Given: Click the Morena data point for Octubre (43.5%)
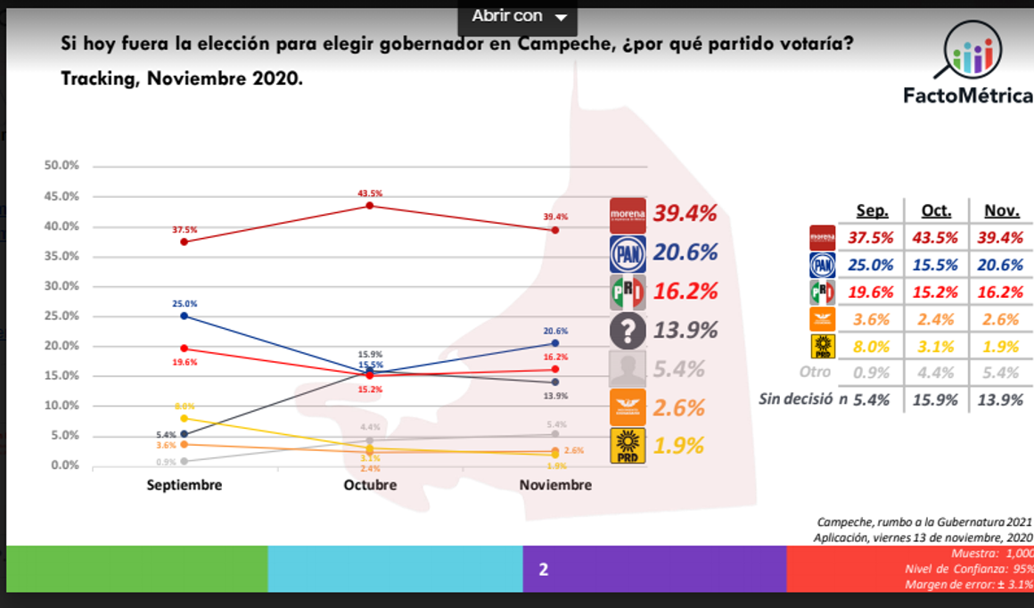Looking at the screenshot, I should (370, 206).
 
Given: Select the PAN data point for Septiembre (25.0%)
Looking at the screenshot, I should (184, 316).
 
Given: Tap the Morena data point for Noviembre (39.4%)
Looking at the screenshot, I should (555, 230).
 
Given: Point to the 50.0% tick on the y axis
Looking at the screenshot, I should (62, 166).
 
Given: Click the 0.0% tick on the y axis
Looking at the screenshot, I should (64, 465).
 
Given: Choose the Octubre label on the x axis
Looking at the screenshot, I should (370, 485).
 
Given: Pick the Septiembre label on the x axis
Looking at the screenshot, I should (185, 485).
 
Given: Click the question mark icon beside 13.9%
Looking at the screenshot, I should (628, 331).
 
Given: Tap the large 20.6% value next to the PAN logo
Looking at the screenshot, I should (685, 253).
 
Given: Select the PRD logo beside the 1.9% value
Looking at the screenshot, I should (628, 446).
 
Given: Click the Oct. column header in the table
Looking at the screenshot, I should (935, 211).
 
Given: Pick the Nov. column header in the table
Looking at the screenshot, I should (1002, 211).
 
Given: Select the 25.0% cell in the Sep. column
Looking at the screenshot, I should (871, 265).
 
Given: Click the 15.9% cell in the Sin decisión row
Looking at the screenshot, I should (935, 400).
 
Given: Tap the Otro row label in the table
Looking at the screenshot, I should (814, 372).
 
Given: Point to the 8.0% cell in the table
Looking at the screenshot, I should (871, 346).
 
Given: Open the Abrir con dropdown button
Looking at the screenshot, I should (518, 16).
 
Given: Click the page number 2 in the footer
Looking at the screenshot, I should (543, 569).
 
